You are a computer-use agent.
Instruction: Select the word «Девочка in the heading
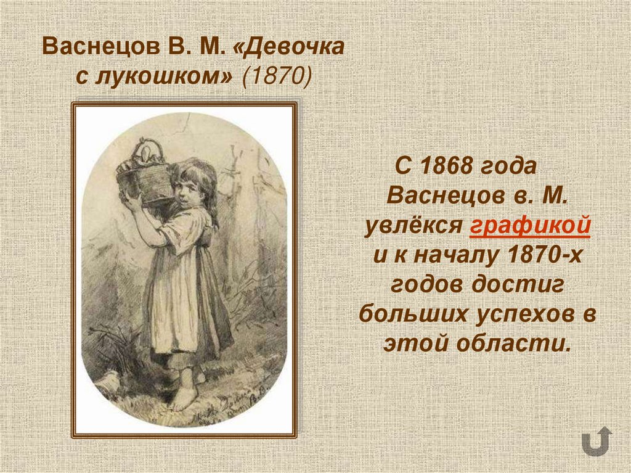[x=288, y=47]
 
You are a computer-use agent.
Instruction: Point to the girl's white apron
[x=176, y=308]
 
